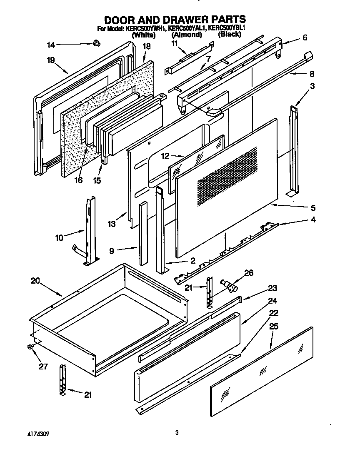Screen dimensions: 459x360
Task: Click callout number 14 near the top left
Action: pos(50,45)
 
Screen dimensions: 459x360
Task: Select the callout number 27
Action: pos(43,367)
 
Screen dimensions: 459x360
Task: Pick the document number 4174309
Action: pos(34,434)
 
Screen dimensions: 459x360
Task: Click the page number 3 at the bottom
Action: pos(177,433)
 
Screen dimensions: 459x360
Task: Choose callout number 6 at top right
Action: pos(305,37)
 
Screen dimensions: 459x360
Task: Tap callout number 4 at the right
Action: pos(312,220)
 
